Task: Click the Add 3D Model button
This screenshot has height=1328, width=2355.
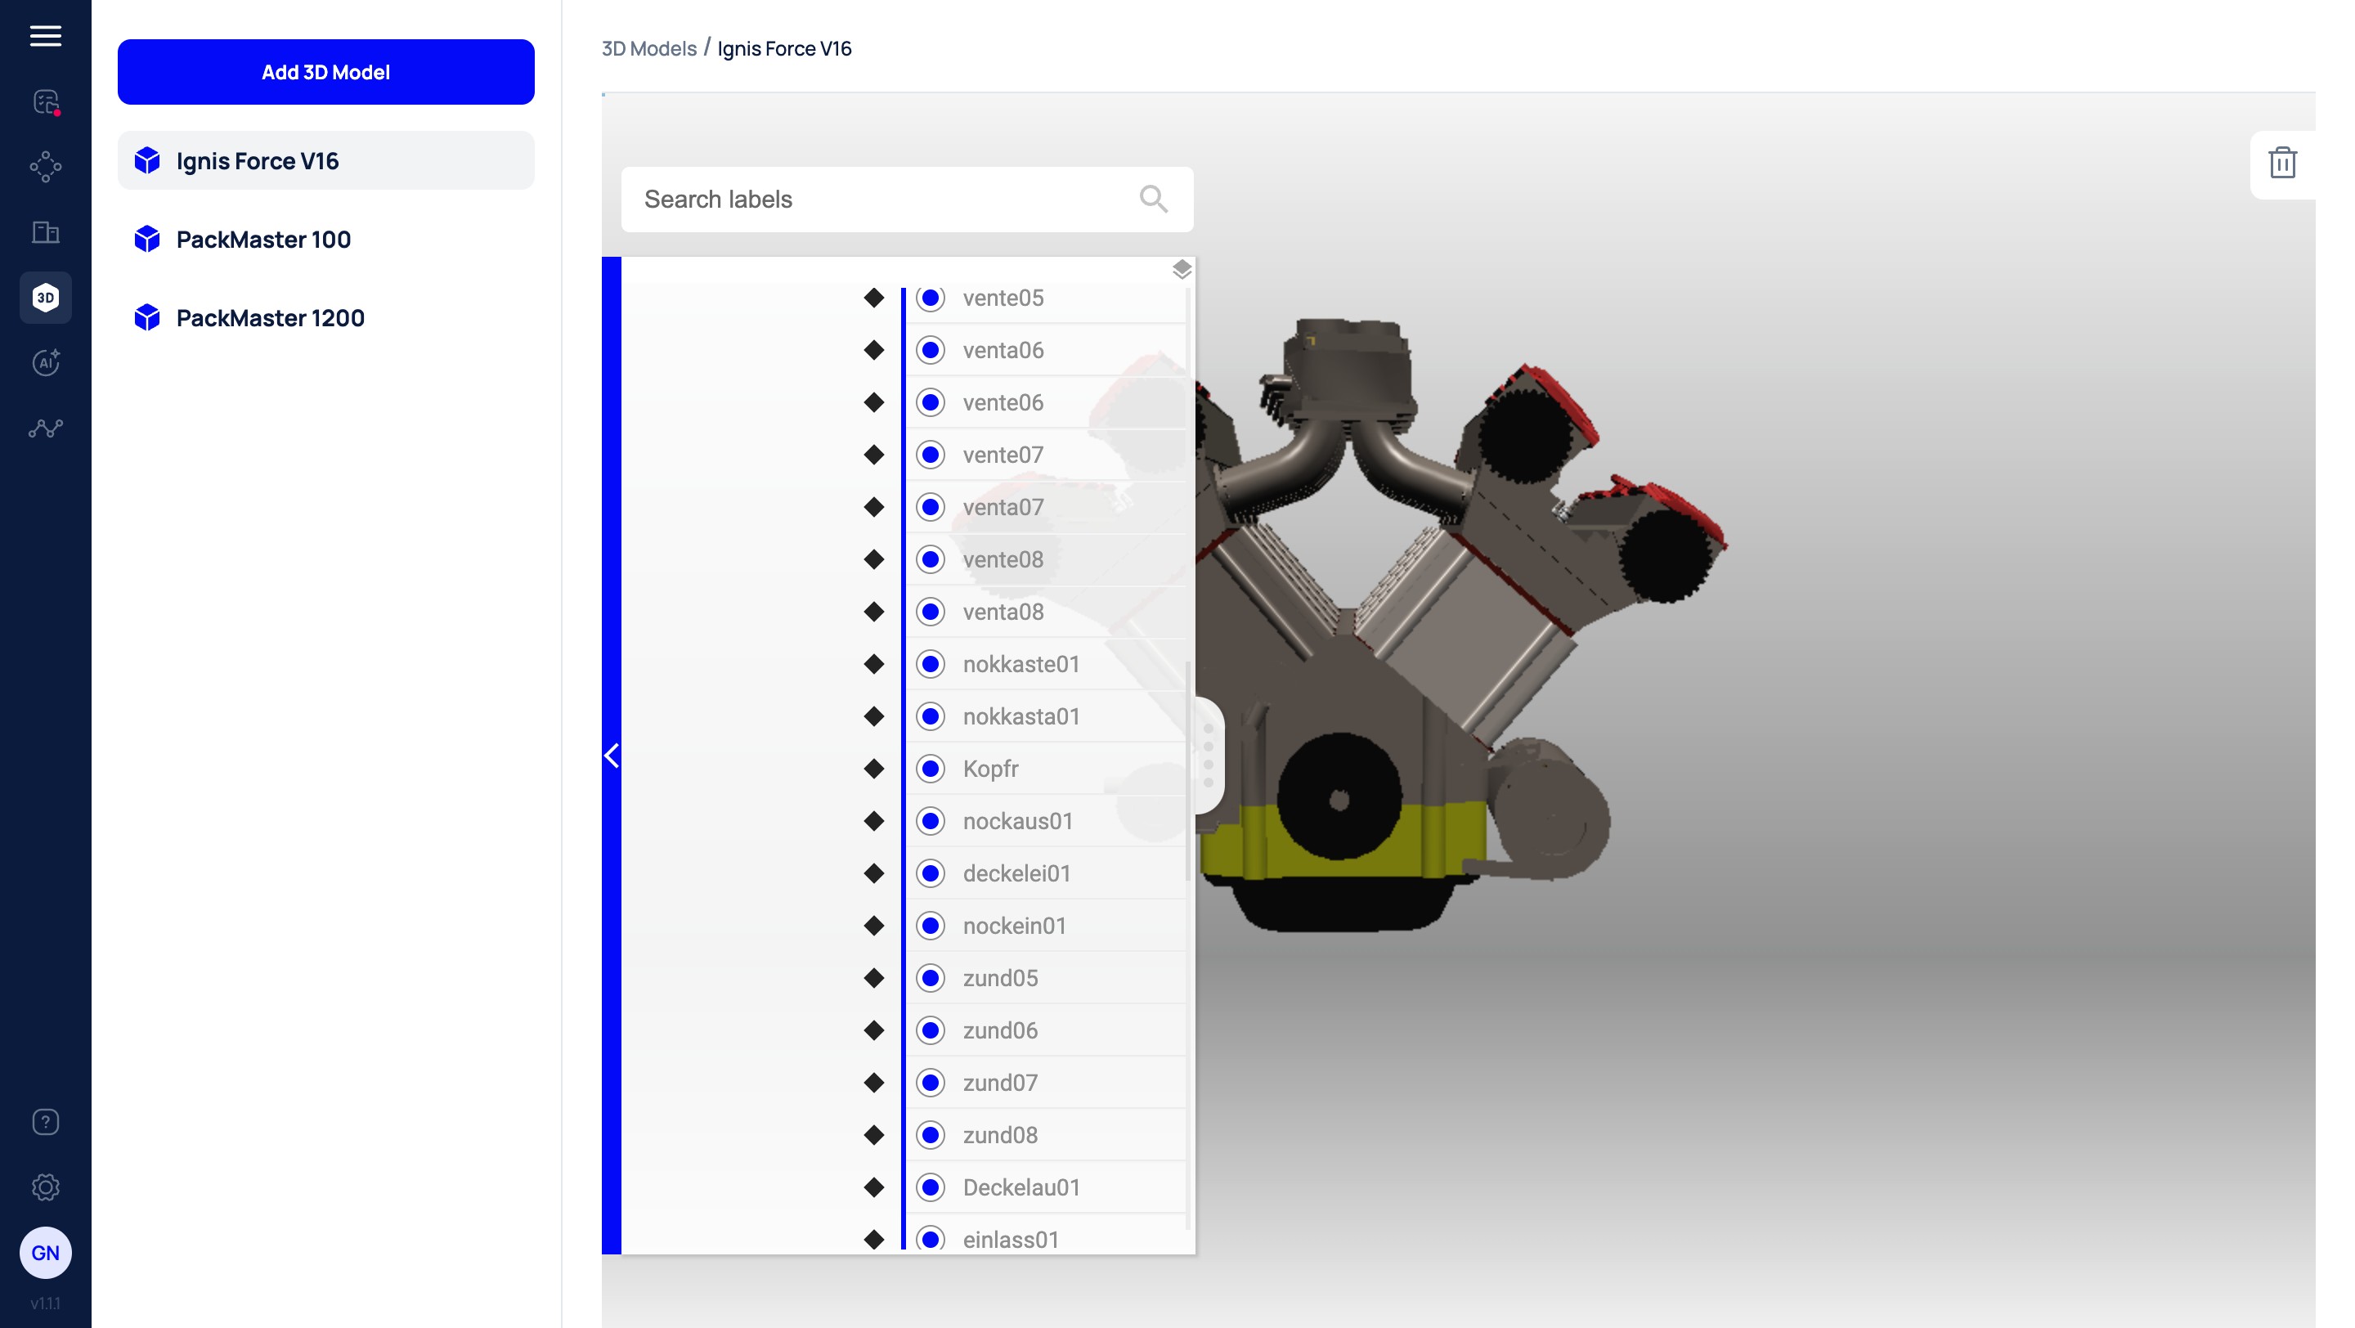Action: click(325, 72)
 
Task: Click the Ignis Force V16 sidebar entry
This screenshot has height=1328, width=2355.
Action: click(325, 161)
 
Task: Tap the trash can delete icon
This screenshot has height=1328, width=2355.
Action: click(2282, 163)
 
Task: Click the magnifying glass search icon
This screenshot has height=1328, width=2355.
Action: click(1153, 200)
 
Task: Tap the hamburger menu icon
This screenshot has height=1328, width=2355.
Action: click(46, 36)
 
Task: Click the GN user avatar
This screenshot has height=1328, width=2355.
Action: click(46, 1252)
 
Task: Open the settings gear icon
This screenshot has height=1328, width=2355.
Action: click(46, 1187)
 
